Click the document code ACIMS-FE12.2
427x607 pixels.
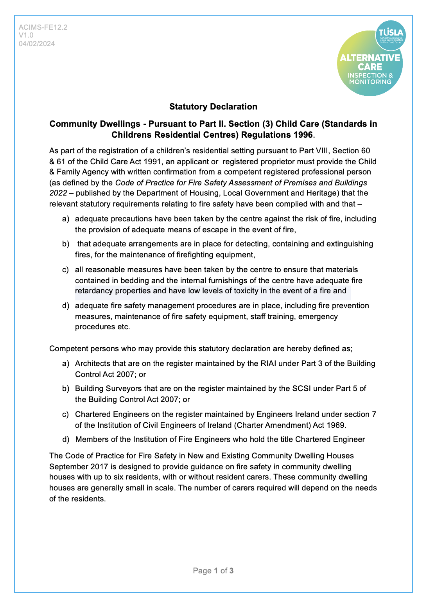[x=43, y=27]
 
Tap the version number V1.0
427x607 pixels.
[x=26, y=35]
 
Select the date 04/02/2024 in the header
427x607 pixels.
[x=37, y=43]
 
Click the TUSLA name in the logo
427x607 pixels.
[x=391, y=32]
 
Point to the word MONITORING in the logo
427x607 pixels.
[x=370, y=82]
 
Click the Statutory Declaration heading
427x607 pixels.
[x=213, y=107]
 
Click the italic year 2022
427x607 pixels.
[x=58, y=193]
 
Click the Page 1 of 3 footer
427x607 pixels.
[x=213, y=571]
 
